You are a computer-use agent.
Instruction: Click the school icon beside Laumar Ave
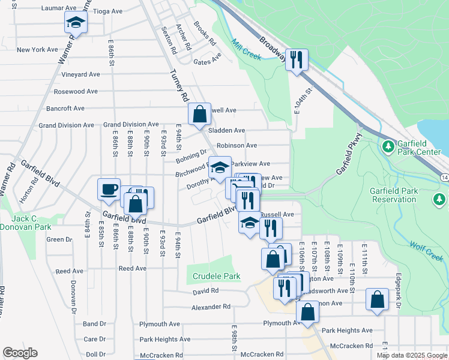(x=76, y=23)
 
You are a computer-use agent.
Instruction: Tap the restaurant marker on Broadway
(x=297, y=59)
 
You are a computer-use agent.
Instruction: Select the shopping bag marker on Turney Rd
(x=199, y=113)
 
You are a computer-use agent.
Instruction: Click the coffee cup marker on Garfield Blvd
(x=109, y=189)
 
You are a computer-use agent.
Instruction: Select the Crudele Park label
(x=216, y=277)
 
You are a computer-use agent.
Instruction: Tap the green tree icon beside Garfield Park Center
(x=388, y=146)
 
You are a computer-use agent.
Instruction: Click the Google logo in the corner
(x=20, y=353)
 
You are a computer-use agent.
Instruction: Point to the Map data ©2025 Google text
(x=412, y=355)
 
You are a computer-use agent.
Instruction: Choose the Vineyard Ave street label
(x=80, y=74)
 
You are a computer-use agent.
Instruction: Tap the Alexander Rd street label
(x=211, y=306)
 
